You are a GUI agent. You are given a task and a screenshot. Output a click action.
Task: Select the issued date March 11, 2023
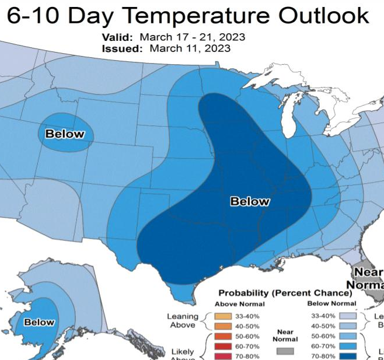coord(190,48)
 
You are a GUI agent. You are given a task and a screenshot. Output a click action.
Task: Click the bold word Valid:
coord(120,37)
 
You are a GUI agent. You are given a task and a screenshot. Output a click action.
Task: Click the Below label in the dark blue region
coord(250,201)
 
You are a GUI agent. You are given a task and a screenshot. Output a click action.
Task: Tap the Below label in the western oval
coord(65,134)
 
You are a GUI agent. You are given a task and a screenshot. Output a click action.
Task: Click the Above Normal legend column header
coord(240,303)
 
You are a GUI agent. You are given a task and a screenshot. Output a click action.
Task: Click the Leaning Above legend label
coord(182,321)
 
